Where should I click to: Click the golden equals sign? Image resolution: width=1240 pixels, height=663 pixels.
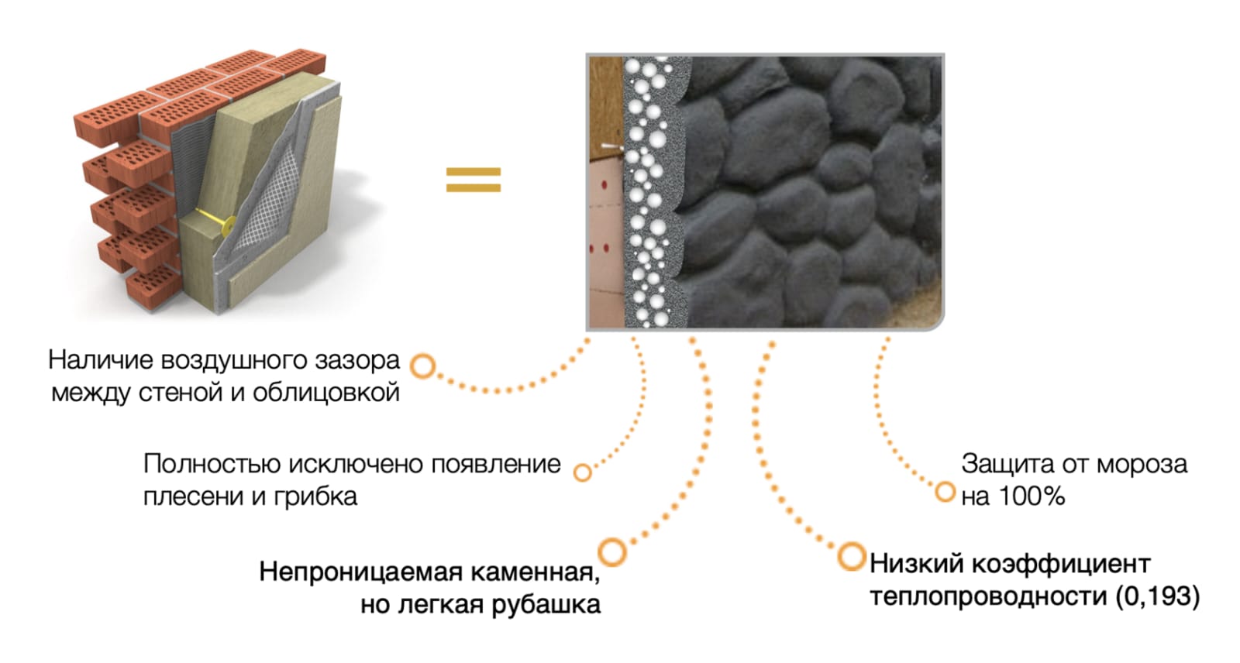(x=474, y=180)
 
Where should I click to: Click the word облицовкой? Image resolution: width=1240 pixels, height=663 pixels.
(x=326, y=393)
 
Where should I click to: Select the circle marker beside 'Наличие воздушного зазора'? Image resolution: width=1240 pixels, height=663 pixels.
(x=423, y=366)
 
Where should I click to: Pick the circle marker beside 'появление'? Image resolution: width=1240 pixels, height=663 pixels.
(x=582, y=472)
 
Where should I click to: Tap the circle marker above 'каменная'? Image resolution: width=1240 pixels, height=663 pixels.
(x=612, y=551)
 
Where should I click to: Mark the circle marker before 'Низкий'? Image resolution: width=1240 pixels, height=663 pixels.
(x=852, y=556)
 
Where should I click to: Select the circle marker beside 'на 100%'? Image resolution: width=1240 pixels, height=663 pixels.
(x=945, y=492)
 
